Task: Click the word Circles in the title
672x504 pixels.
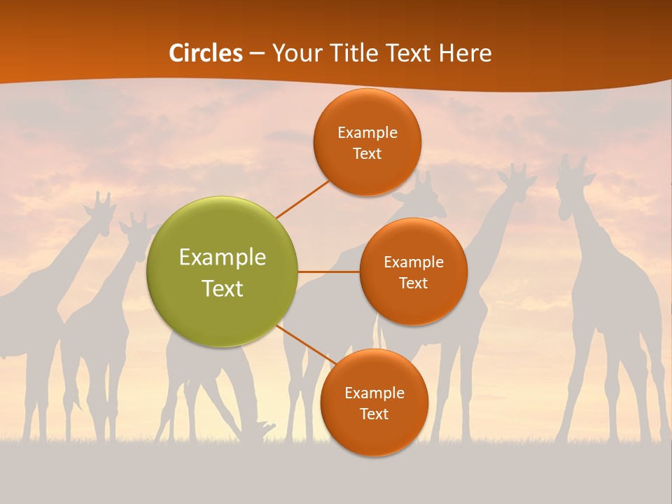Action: (205, 53)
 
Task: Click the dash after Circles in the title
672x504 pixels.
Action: (256, 54)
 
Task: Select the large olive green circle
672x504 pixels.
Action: (222, 272)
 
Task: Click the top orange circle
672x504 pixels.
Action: (367, 142)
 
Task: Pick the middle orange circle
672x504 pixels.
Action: (413, 272)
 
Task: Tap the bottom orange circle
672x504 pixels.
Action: (374, 402)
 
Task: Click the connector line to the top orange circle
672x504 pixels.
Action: (303, 199)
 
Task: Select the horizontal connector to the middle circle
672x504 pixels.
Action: (328, 272)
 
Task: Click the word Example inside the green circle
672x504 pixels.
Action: (222, 257)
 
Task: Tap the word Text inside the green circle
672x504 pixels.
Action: (222, 288)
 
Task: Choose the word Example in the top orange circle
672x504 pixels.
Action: (367, 132)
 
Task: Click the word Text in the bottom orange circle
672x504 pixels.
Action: (374, 414)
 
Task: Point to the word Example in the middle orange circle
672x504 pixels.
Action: (413, 262)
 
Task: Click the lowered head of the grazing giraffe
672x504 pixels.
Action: (265, 428)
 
